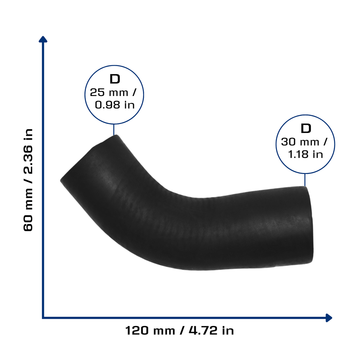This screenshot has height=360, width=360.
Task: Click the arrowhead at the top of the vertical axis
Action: coord(43,39)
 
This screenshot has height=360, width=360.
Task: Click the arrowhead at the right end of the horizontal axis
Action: coord(329,318)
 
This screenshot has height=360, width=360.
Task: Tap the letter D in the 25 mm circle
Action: coord(115,79)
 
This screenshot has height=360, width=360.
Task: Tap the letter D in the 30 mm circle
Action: coord(306,128)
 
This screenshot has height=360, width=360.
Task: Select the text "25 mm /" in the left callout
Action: coord(113,92)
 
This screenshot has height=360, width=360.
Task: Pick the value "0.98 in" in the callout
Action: coord(115,105)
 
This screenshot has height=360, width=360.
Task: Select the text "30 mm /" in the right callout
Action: coord(304,142)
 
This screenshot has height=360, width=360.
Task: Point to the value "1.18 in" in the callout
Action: coord(306,154)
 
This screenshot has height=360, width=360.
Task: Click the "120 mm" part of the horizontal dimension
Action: coord(150,331)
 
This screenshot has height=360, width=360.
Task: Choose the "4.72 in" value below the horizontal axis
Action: coord(211,331)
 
